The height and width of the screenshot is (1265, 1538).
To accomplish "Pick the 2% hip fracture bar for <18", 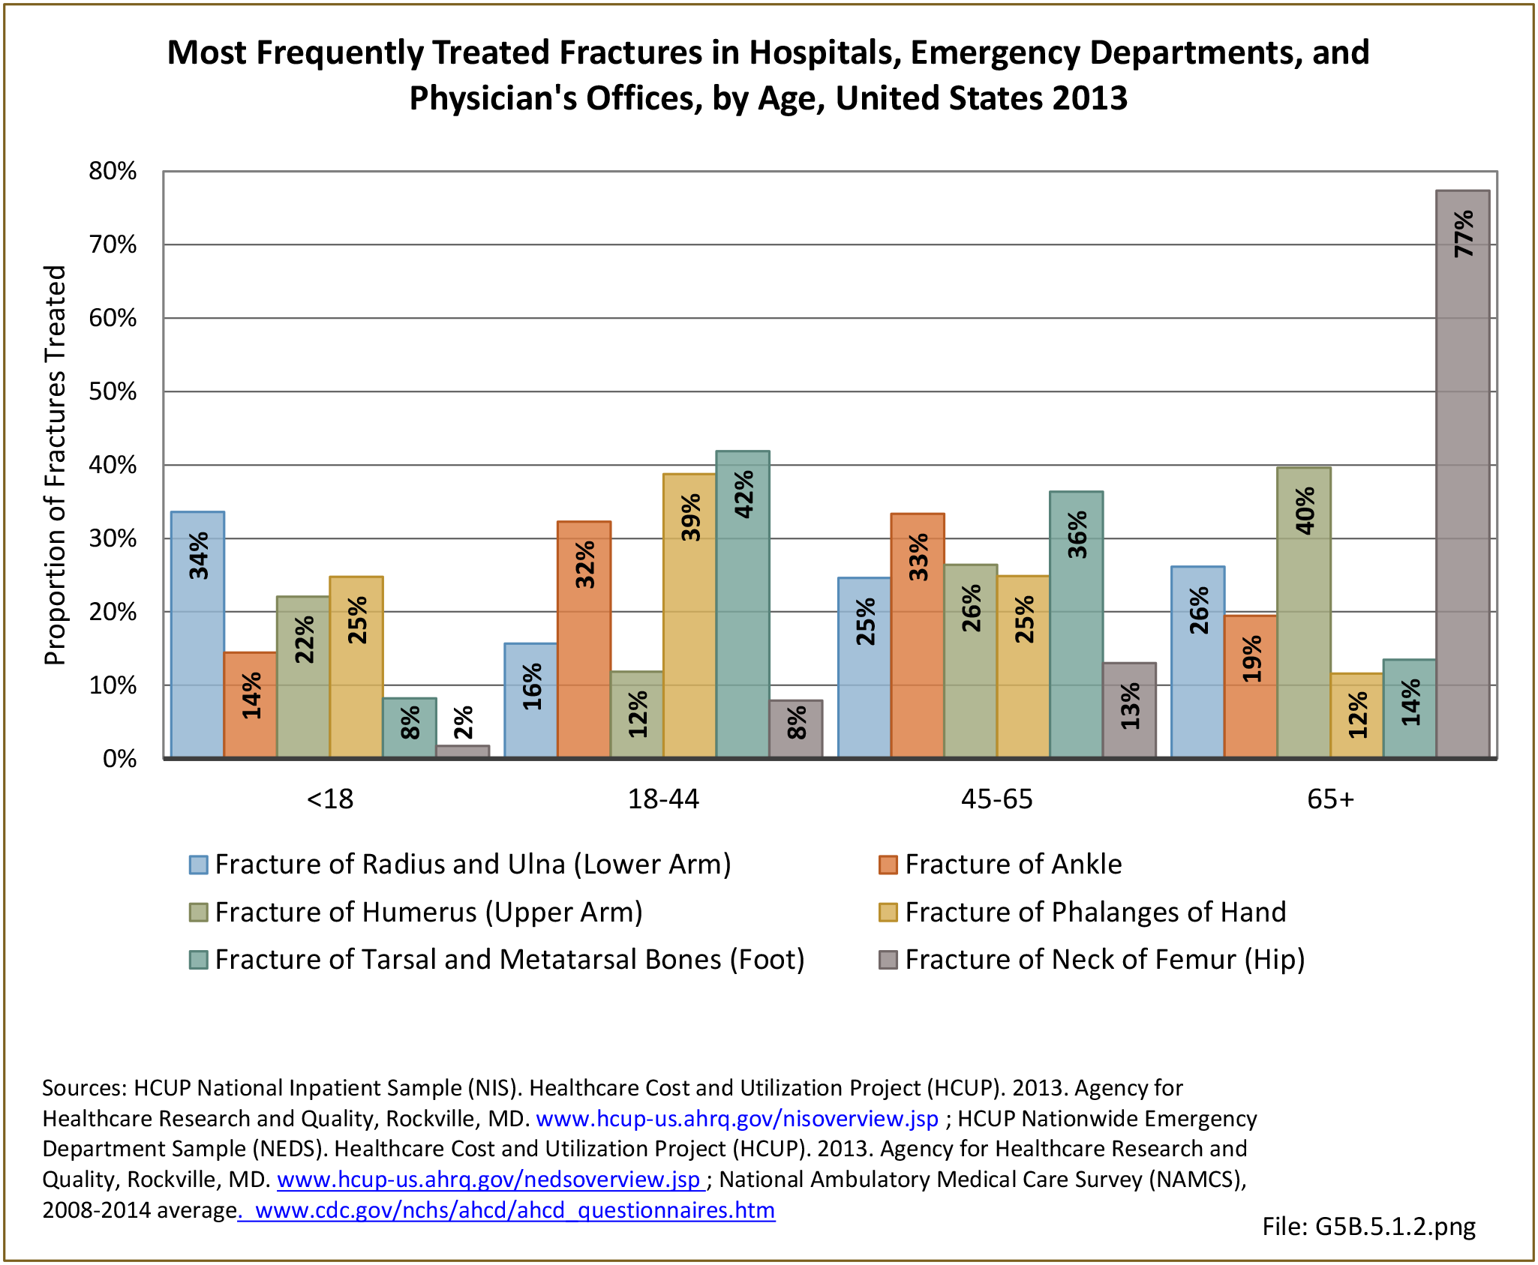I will tap(463, 751).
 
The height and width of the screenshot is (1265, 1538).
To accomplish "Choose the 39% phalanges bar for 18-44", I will tap(689, 616).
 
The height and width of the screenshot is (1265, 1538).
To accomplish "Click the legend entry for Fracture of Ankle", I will tap(1013, 865).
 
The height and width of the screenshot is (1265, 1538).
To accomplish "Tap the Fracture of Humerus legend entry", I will tap(428, 913).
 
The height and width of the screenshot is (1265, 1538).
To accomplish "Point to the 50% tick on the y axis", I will tap(113, 391).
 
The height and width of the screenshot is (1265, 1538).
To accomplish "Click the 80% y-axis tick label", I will tap(113, 171).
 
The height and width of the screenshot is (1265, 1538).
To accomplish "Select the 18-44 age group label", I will tap(663, 799).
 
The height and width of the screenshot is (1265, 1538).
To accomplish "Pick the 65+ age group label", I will tap(1330, 799).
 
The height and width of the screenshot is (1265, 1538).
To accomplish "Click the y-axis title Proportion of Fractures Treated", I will tap(56, 465).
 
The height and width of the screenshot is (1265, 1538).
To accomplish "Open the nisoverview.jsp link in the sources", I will tap(737, 1119).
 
